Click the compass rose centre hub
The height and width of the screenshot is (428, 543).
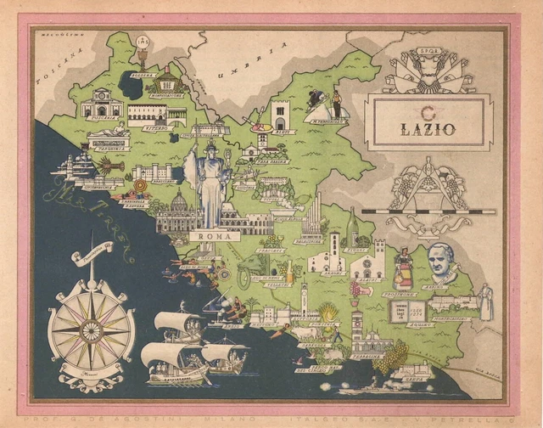pyautogui.click(x=92, y=329)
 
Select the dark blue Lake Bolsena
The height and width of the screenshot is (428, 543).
pyautogui.click(x=132, y=83)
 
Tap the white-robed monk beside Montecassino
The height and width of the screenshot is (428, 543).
pyautogui.click(x=486, y=301)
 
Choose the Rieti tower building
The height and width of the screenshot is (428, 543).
pyautogui.click(x=281, y=115)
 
